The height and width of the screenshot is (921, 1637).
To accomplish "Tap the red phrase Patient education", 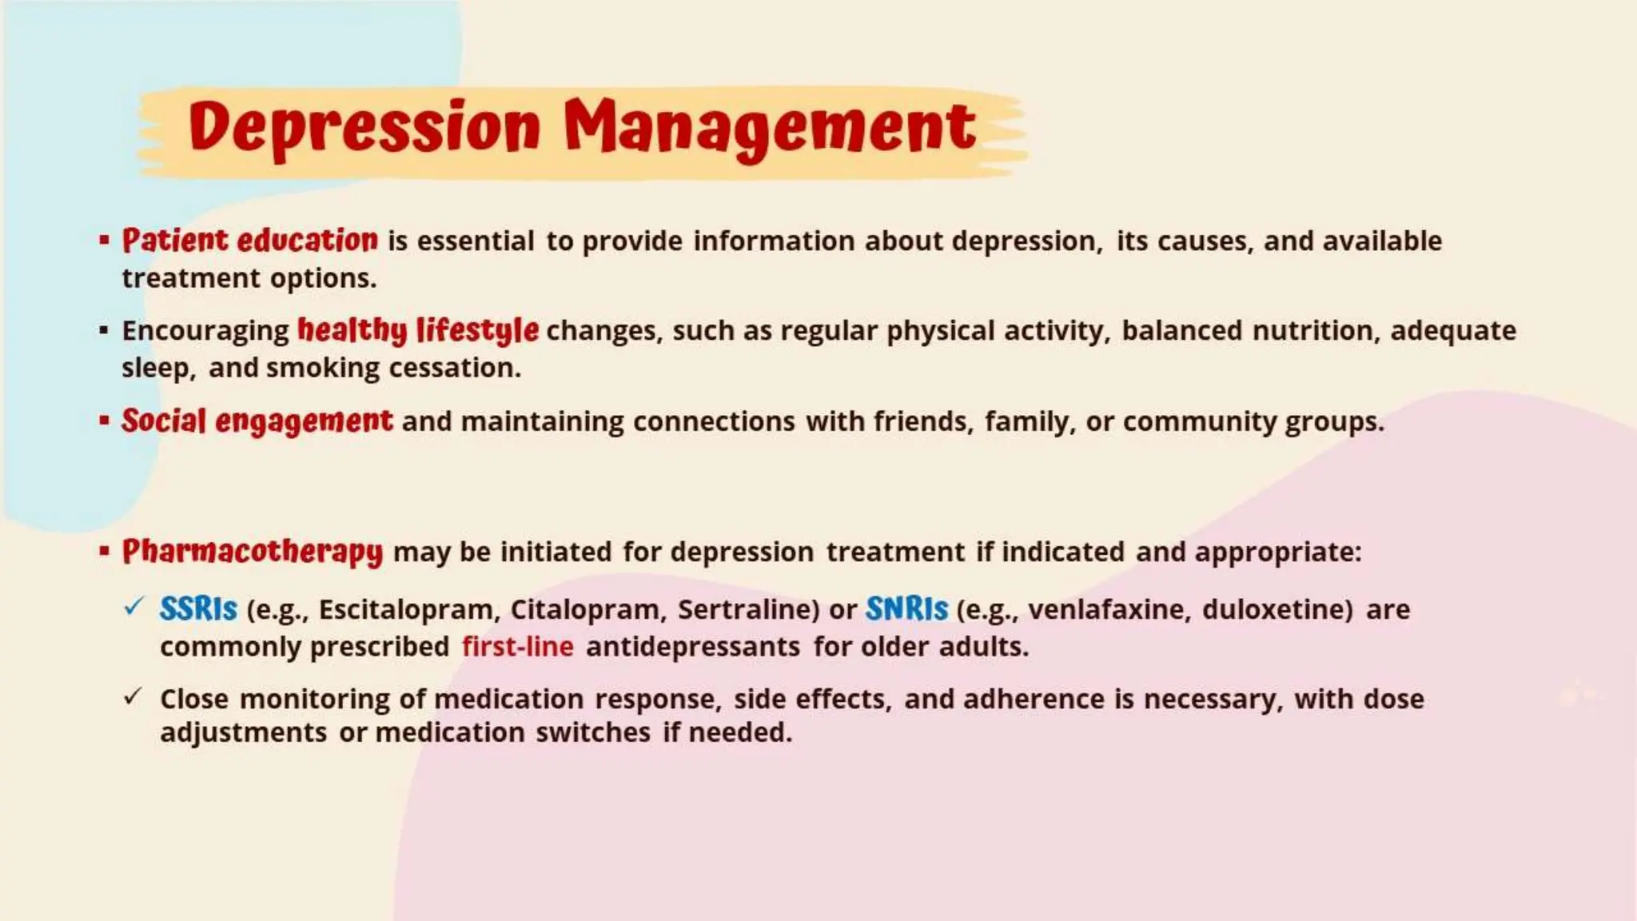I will (x=249, y=241).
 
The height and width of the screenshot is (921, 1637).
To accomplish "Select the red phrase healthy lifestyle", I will (x=417, y=330).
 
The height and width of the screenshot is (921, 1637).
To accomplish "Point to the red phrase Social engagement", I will (x=257, y=421).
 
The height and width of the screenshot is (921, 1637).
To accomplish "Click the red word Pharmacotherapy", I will (x=253, y=552).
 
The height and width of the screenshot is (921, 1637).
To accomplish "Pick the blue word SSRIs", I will (x=198, y=609).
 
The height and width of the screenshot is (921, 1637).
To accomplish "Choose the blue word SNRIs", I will (x=906, y=609).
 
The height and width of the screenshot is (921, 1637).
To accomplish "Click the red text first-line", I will (x=517, y=646).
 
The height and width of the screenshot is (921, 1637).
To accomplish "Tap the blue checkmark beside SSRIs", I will (x=133, y=607).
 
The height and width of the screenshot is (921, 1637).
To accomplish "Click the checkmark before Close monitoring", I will (x=133, y=696).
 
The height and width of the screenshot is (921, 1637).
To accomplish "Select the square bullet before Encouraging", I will (x=104, y=330).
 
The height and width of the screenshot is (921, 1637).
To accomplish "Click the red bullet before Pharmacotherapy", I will (x=104, y=551).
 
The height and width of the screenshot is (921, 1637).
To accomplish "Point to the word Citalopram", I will (x=587, y=610).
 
